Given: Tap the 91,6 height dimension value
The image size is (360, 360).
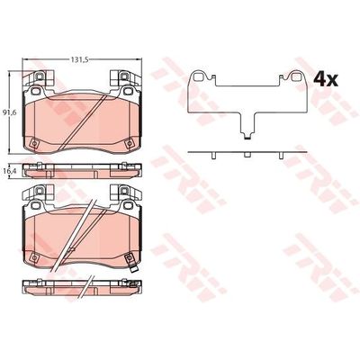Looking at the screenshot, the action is coord(5,112).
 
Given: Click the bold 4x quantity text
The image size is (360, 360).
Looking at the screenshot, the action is coord(326,80).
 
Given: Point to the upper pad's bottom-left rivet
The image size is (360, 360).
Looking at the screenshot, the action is coord(34,143).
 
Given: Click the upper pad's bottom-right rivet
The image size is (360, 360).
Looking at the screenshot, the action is coord(129,143).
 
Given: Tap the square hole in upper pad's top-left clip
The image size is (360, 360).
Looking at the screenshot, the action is coord(39,76).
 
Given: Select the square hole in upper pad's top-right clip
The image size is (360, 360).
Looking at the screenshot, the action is coord(123,76).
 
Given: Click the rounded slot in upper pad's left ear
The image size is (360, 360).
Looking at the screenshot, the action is coord(36,90).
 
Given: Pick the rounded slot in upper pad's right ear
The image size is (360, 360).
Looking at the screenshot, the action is coord(128,90).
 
